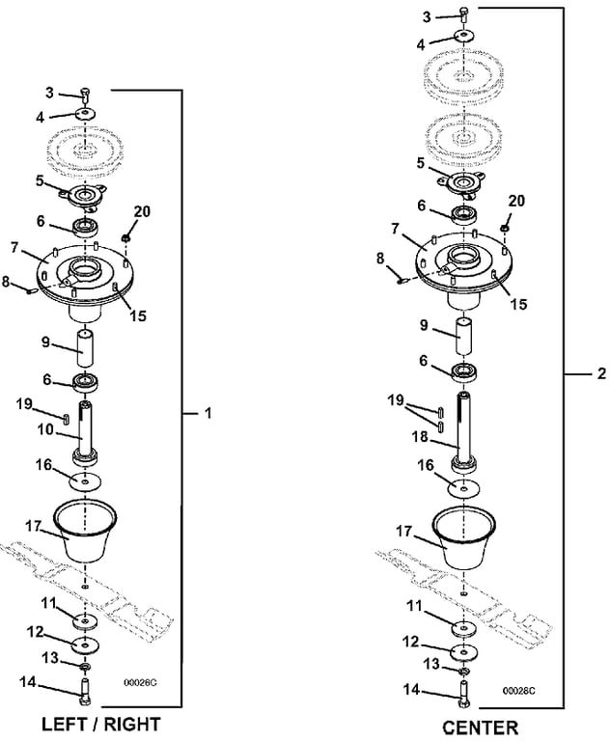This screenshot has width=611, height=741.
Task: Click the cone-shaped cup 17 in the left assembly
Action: click(x=87, y=531)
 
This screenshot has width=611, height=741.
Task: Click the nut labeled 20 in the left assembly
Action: click(x=126, y=236)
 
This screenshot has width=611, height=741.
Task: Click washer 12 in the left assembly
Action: click(x=86, y=644)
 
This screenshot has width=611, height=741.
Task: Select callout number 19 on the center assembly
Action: click(x=395, y=398)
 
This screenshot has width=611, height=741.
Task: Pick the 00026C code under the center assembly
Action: click(x=518, y=691)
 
